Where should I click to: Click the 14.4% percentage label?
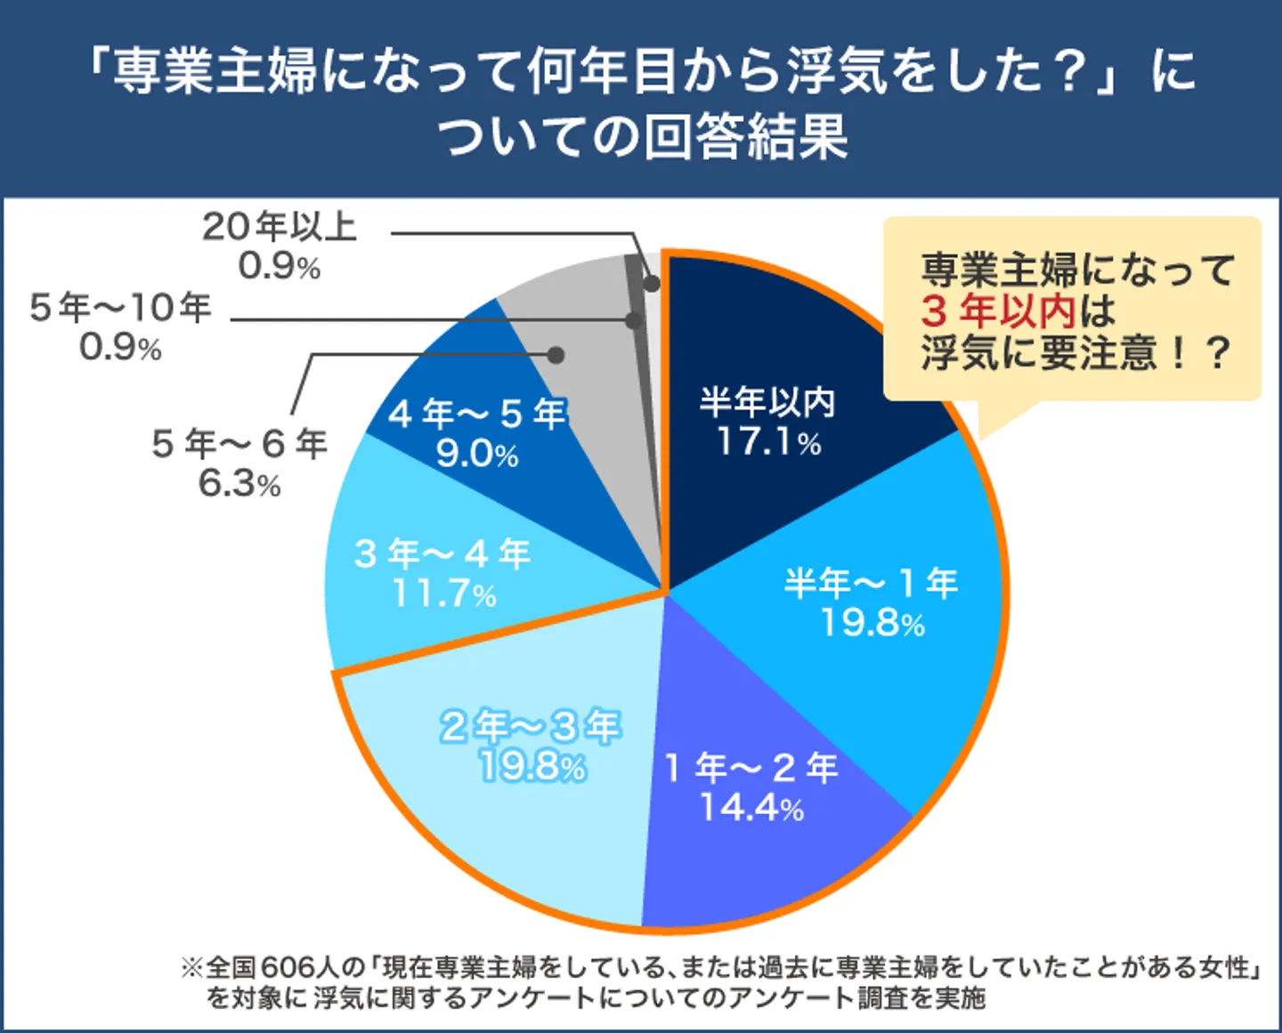(x=751, y=808)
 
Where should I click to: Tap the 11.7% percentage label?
(x=444, y=594)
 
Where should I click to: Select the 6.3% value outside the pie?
(x=239, y=484)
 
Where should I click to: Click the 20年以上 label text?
(x=279, y=227)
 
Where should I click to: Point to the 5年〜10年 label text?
(x=120, y=308)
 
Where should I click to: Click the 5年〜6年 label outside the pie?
(x=239, y=443)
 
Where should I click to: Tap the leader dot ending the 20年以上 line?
(x=651, y=284)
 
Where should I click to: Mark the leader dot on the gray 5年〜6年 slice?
(x=556, y=354)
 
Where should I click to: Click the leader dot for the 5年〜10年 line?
(x=634, y=319)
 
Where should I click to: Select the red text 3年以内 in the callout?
(x=998, y=311)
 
